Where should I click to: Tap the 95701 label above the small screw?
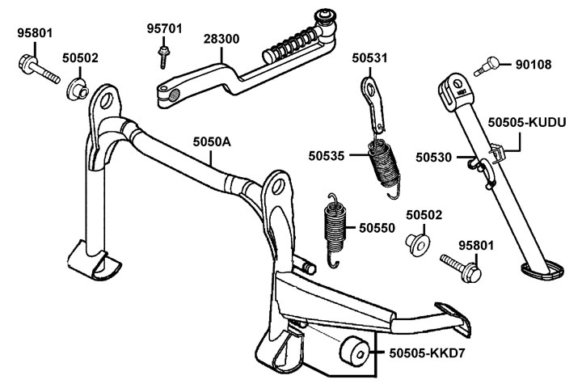click(x=163, y=29)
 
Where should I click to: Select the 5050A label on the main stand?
click(x=211, y=141)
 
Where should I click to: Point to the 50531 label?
click(x=370, y=57)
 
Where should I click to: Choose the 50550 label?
click(x=377, y=228)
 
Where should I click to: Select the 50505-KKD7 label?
click(x=428, y=353)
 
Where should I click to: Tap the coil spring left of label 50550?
click(x=332, y=229)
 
